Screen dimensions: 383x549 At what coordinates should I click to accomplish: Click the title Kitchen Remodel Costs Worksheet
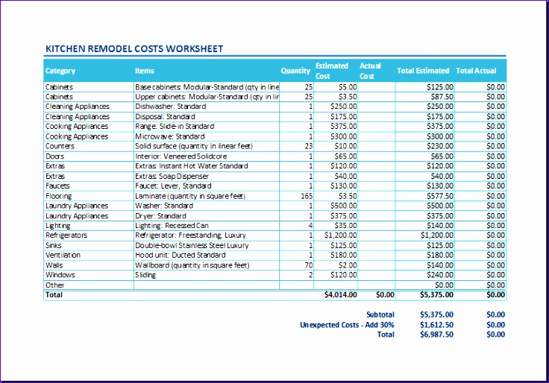134,49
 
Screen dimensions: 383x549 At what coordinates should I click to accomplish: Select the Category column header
60,71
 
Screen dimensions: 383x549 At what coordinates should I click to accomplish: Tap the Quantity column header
295,71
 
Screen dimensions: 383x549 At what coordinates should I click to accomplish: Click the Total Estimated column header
423,71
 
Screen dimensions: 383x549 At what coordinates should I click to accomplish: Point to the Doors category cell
55,156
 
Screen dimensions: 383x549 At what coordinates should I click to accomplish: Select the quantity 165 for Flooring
307,196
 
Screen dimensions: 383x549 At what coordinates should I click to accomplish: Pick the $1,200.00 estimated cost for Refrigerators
340,235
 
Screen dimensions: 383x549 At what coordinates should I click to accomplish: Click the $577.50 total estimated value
439,196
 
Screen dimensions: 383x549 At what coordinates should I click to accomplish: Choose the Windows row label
60,275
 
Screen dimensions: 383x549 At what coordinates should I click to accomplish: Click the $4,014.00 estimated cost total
340,295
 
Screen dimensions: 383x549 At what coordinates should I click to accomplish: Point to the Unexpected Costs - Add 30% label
347,325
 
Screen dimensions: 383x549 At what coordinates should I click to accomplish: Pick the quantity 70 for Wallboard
308,265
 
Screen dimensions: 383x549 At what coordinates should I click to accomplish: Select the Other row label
55,285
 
